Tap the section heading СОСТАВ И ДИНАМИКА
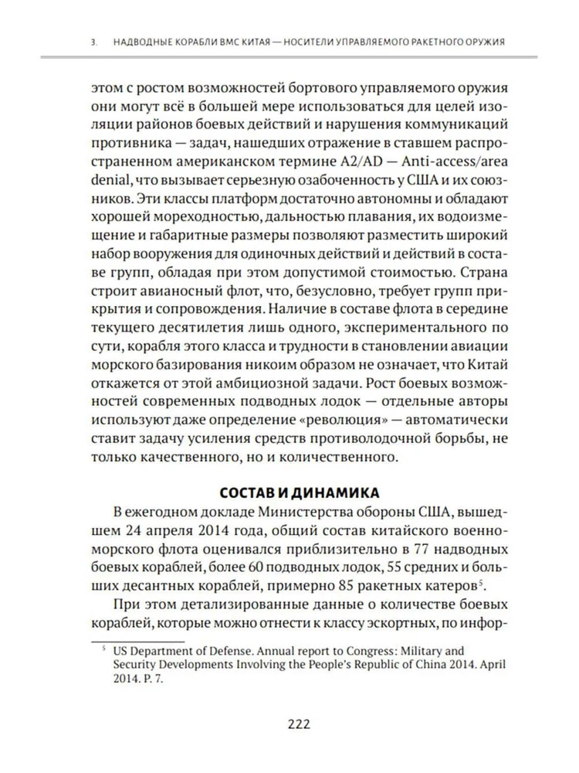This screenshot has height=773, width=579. point(298,492)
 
